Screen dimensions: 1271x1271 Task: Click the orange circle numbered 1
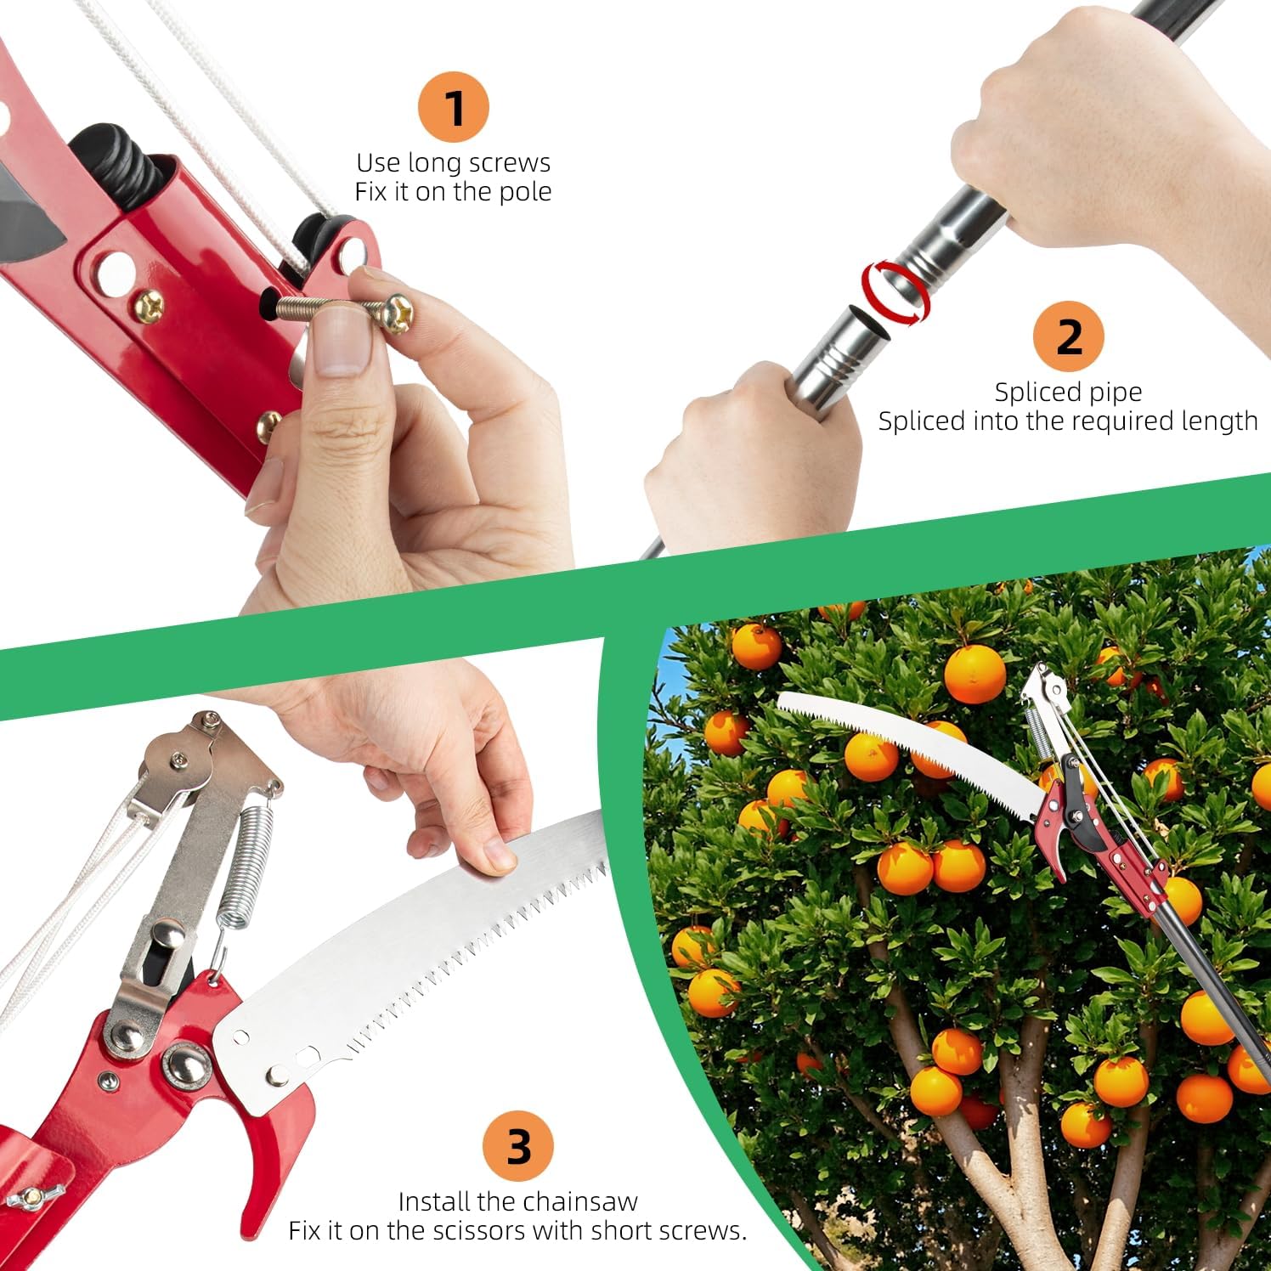(x=454, y=108)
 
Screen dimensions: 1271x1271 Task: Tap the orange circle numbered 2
(x=1068, y=336)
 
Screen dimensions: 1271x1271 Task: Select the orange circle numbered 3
(x=518, y=1146)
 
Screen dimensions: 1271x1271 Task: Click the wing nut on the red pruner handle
(x=27, y=1177)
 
